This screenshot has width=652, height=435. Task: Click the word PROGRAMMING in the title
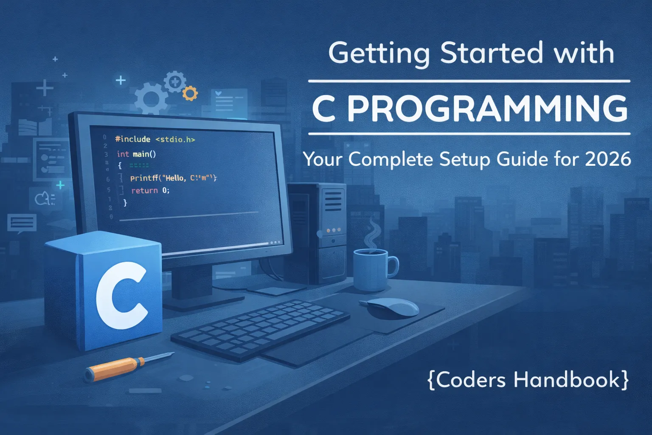(x=487, y=108)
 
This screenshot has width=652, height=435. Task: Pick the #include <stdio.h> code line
(x=155, y=139)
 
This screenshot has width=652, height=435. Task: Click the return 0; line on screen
(x=150, y=191)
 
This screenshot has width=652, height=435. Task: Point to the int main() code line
(x=136, y=154)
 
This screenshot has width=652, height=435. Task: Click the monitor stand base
(x=200, y=299)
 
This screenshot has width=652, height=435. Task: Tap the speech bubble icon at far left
(x=21, y=223)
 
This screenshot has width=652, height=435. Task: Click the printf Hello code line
(x=173, y=178)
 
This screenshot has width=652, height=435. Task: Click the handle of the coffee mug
(x=393, y=266)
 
